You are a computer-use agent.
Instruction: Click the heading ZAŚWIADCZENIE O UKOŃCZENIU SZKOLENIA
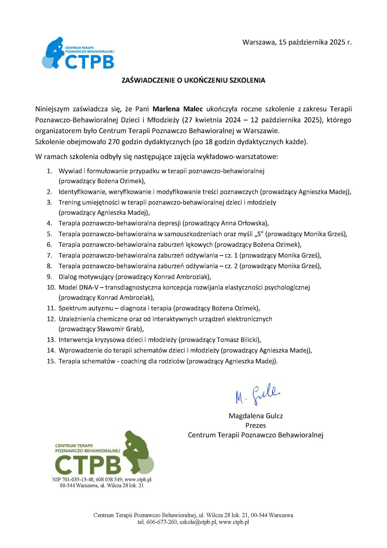[x=193, y=80]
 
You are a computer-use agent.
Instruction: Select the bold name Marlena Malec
[x=177, y=109]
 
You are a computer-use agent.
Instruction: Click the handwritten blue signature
[x=258, y=394]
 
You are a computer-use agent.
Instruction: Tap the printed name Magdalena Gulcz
[x=255, y=416]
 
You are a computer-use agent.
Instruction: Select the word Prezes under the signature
[x=255, y=425]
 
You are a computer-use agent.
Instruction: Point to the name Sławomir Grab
[x=119, y=329]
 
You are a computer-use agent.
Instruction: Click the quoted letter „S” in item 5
[x=259, y=234]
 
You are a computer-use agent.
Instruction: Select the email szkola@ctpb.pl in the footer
[x=198, y=522]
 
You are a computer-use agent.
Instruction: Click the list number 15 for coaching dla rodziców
[x=51, y=361]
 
